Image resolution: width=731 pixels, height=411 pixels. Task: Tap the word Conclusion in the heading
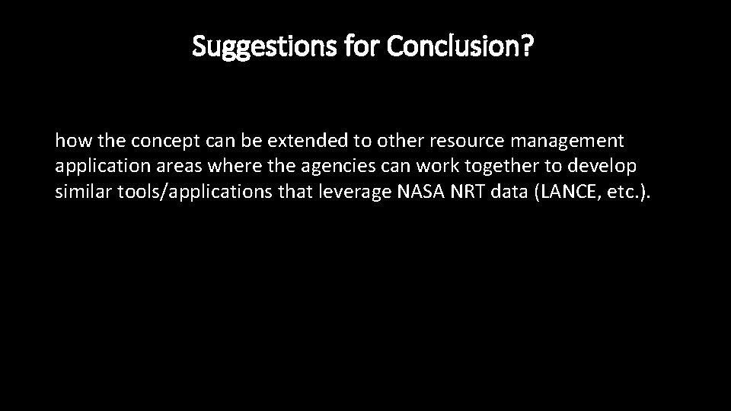coord(454,47)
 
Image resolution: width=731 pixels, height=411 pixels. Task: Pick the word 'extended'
coord(270,141)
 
